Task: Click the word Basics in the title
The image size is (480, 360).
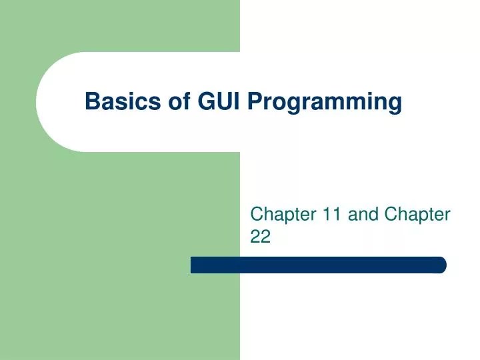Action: point(117,101)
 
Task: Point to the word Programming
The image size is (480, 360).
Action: point(325,103)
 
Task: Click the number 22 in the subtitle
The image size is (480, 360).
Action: point(261,237)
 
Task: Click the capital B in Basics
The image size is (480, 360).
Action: point(91,101)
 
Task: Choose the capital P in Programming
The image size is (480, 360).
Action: point(255,101)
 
